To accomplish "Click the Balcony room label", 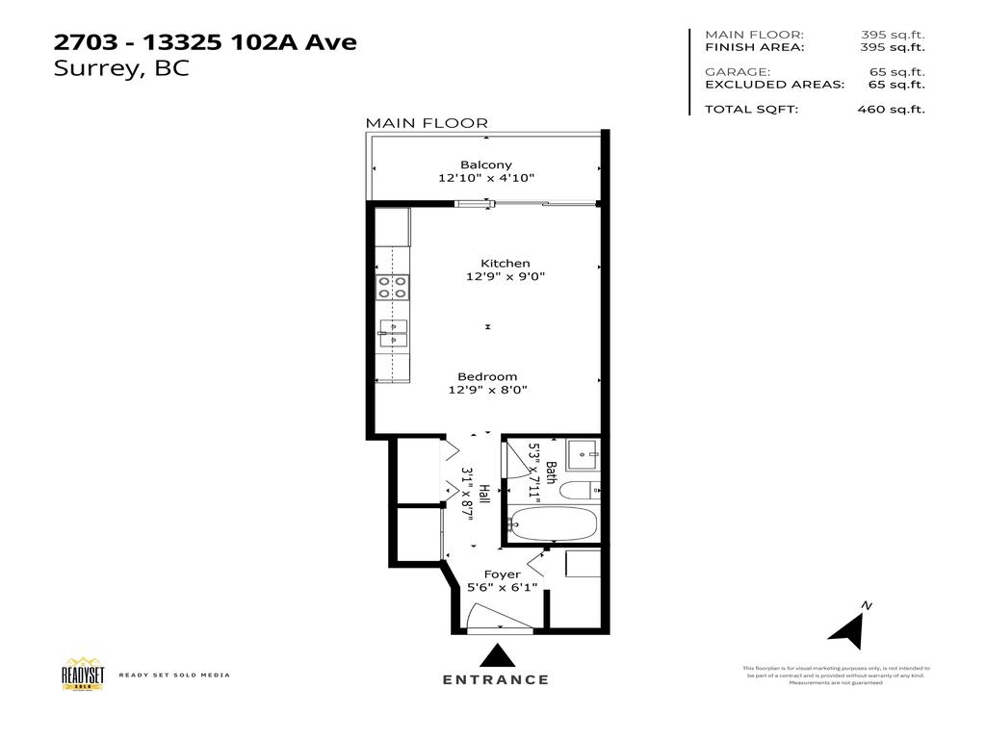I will pos(485,165).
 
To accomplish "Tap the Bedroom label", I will pos(487,376).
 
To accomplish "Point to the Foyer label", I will pos(502,574).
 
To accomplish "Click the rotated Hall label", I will pos(484,495).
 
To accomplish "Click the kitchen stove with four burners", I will pos(392,287).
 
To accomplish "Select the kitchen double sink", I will pos(393,332).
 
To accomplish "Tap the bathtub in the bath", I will pos(554,525).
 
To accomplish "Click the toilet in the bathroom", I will pos(580,490).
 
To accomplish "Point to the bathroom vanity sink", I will pos(582,451).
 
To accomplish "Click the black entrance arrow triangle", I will pos(497,656).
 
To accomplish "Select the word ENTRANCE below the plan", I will pos(496,679).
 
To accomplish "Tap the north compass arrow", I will pos(847,627).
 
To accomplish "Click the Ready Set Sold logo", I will pos(82,674).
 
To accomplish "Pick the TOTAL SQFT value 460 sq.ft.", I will pos(891,109).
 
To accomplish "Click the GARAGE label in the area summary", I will pos(737,72).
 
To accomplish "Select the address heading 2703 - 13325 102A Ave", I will pos(205,42).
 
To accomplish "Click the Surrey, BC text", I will pos(122,69).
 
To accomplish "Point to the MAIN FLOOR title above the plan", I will pos(427,123).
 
